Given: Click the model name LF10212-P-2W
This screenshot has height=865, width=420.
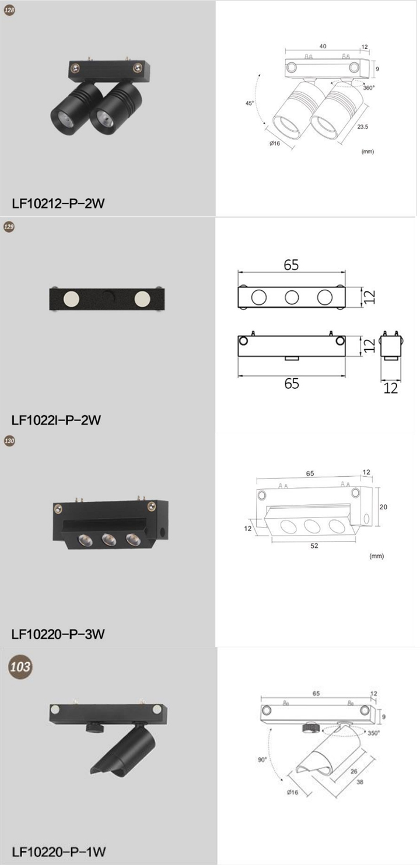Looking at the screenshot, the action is [x=58, y=203].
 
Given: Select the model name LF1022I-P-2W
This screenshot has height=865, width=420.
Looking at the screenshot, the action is [x=57, y=420].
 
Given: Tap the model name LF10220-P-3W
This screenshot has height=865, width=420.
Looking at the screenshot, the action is [x=58, y=634].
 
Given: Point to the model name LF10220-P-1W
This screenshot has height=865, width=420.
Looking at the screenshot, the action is [x=59, y=852].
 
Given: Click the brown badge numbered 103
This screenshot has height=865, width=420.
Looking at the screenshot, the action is [x=20, y=667].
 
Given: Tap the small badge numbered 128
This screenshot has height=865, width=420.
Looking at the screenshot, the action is [x=9, y=10].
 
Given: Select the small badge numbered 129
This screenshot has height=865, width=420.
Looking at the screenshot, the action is [x=9, y=227].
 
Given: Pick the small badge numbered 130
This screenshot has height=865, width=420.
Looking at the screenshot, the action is [x=9, y=441].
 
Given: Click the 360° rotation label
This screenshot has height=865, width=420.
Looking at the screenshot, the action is [x=369, y=87].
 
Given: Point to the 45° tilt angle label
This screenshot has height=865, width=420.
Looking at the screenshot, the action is [x=250, y=103].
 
